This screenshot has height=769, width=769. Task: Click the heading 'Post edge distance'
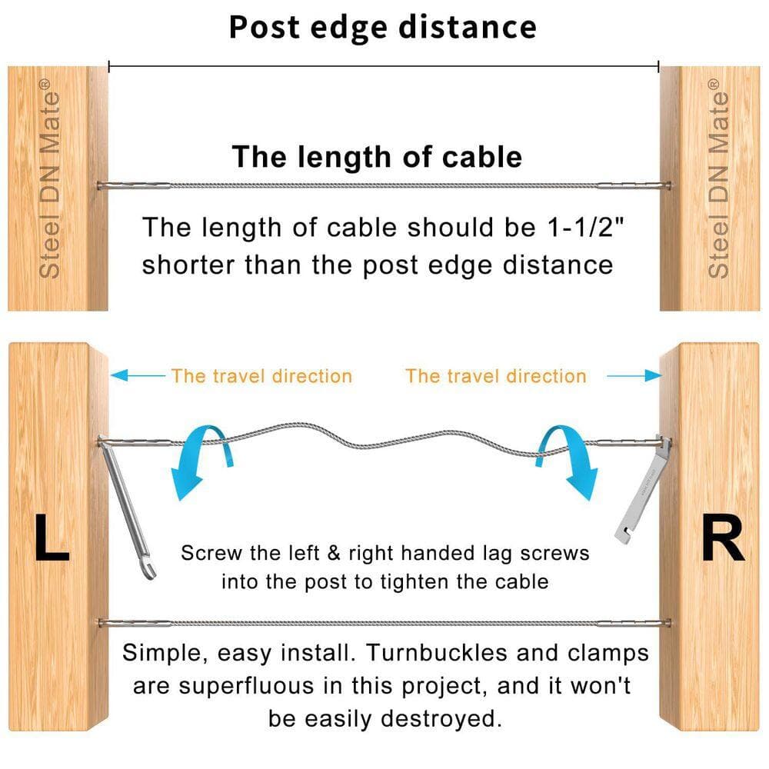[x=382, y=28]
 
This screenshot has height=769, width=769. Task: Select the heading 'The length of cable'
[x=377, y=156]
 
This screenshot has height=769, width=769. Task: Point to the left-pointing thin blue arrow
[x=138, y=376]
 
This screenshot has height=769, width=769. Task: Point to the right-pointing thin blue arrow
[x=634, y=376]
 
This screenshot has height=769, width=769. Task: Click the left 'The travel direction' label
[x=261, y=376]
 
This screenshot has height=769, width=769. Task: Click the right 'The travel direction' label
[x=496, y=376]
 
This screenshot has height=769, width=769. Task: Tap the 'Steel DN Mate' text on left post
[x=50, y=179]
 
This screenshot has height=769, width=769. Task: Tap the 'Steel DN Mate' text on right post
[x=718, y=179]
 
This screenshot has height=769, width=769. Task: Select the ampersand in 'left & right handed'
[x=334, y=553]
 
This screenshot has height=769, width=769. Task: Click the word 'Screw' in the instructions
[x=212, y=553]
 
